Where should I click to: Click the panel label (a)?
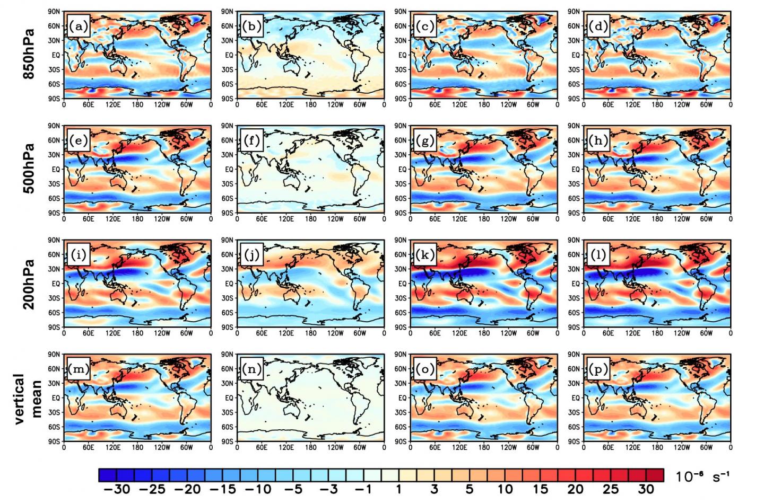click(x=78, y=26)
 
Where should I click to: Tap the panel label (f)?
click(x=251, y=141)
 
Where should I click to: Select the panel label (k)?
click(x=424, y=255)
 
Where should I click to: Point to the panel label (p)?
click(x=598, y=369)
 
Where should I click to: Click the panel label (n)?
click(x=251, y=369)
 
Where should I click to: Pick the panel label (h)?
click(x=598, y=141)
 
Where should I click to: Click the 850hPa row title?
click(x=29, y=54)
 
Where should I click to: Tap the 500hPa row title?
click(x=29, y=169)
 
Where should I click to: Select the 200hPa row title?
click(x=29, y=284)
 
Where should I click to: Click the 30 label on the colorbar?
click(x=646, y=489)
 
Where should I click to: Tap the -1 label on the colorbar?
click(x=363, y=489)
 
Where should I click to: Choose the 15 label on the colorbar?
click(x=540, y=489)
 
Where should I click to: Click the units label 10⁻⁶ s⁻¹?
click(x=702, y=476)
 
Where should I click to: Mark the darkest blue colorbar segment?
click(x=108, y=475)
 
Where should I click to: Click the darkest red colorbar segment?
click(x=655, y=475)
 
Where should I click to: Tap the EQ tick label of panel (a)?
click(x=55, y=55)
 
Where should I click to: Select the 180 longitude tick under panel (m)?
click(x=137, y=447)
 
